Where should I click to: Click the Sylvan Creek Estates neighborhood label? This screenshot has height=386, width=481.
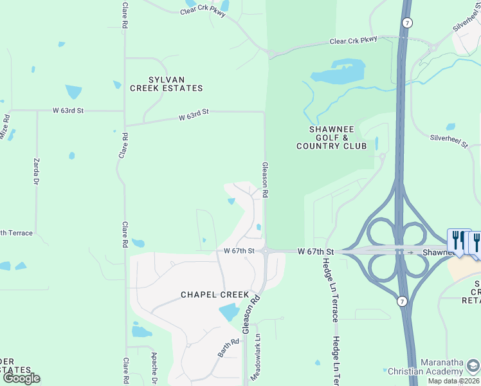[166, 83]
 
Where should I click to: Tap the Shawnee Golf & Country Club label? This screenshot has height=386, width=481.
[331, 138]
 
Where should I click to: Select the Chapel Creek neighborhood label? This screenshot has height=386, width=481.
[214, 295]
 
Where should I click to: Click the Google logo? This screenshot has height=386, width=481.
[21, 378]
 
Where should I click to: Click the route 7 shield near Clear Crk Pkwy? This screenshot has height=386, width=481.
[408, 23]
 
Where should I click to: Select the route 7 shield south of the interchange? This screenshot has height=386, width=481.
[401, 301]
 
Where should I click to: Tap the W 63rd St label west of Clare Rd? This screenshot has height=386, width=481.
[68, 111]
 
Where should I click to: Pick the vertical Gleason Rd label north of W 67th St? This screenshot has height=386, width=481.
[264, 179]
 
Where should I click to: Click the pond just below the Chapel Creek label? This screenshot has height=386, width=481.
[229, 313]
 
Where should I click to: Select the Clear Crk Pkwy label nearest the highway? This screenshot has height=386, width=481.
[352, 41]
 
